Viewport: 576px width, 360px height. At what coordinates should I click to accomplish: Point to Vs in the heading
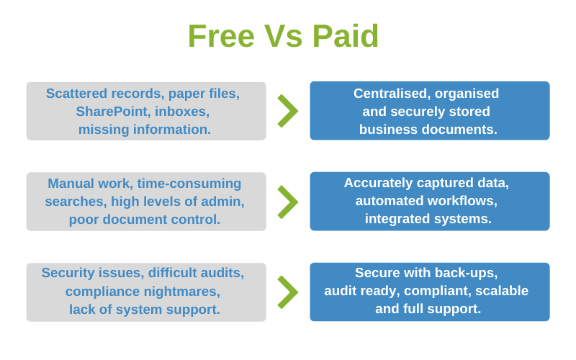pyautogui.click(x=286, y=37)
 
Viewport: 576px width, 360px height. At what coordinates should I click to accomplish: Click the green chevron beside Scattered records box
pyautogui.click(x=287, y=111)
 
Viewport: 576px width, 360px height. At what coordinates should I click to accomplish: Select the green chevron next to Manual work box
pyautogui.click(x=287, y=202)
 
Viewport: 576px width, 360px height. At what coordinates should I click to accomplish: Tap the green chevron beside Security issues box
pyautogui.click(x=287, y=292)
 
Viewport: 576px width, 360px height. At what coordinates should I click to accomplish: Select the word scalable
pyautogui.click(x=502, y=291)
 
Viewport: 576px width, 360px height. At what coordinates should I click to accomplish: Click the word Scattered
pyautogui.click(x=76, y=94)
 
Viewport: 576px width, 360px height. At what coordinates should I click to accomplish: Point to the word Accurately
pyautogui.click(x=379, y=183)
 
